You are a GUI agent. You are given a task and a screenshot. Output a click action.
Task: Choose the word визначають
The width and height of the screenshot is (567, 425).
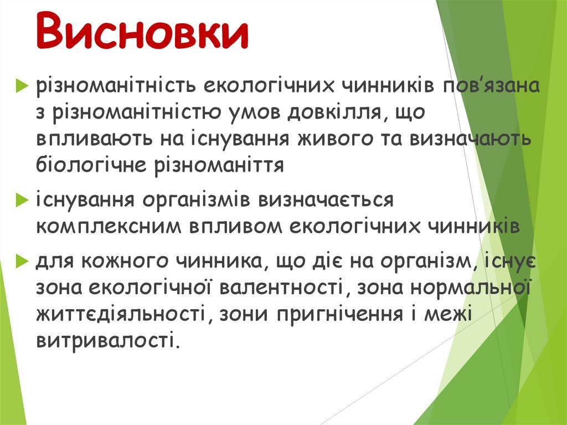(x=470, y=140)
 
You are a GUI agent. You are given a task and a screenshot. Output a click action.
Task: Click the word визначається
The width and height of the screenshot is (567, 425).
(x=324, y=200)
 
